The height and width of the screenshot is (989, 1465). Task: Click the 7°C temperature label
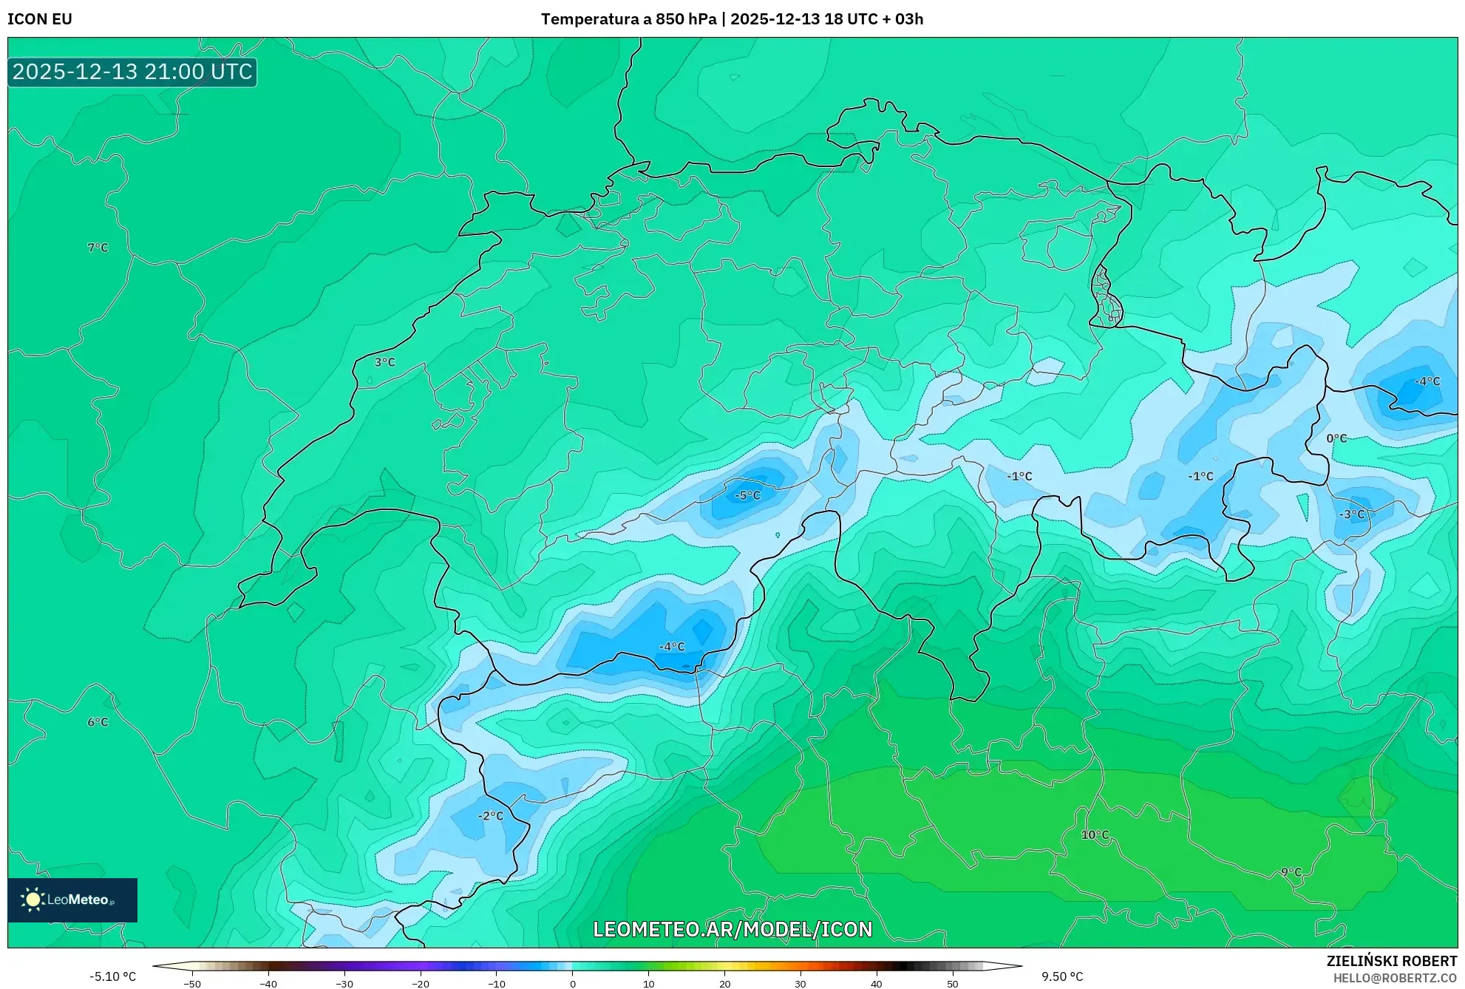(x=98, y=248)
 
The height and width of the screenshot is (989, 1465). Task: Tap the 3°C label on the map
(x=384, y=362)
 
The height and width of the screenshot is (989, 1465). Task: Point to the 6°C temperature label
(x=98, y=722)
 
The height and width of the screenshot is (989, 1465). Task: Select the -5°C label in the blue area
(x=747, y=495)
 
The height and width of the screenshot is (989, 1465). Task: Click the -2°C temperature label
(x=491, y=816)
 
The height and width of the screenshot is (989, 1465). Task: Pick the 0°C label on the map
(x=1336, y=438)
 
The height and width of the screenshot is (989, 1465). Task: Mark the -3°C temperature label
(x=1353, y=514)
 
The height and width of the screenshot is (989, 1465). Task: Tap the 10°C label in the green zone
(x=1095, y=835)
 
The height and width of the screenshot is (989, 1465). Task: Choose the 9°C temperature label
(x=1291, y=872)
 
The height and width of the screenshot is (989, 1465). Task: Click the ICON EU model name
(x=40, y=19)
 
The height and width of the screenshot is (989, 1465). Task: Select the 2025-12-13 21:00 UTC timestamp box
(x=132, y=72)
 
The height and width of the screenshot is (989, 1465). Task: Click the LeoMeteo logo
(x=72, y=900)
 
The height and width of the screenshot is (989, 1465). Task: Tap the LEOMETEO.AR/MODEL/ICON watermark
(x=732, y=929)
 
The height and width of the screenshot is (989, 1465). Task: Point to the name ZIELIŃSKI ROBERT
(x=1391, y=961)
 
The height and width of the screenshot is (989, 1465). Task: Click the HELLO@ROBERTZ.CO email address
(x=1395, y=978)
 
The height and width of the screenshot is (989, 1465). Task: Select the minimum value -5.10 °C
(x=113, y=976)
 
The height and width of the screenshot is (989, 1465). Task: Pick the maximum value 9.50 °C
(x=1062, y=976)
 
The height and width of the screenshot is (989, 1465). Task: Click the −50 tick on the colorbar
(x=192, y=984)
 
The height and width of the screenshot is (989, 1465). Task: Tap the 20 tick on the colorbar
(x=724, y=984)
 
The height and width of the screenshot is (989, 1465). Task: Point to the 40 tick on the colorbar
(x=876, y=984)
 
